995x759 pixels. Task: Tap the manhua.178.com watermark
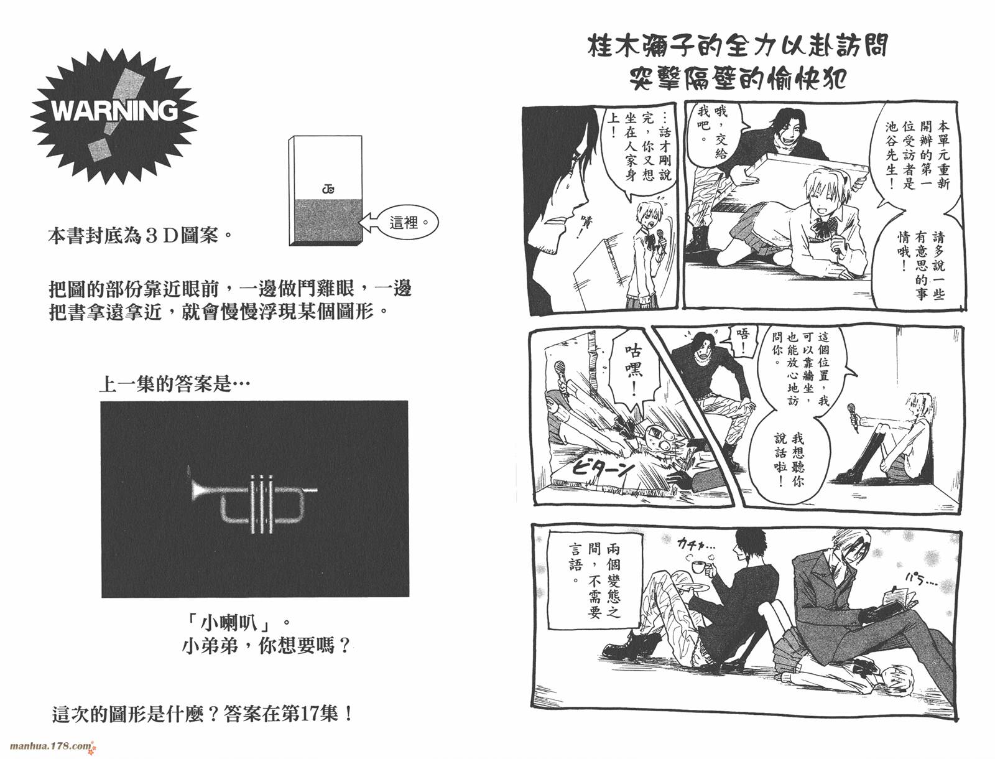(x=50, y=745)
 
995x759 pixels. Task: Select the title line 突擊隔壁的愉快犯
(x=738, y=79)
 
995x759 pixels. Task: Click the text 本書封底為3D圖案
(x=134, y=237)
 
